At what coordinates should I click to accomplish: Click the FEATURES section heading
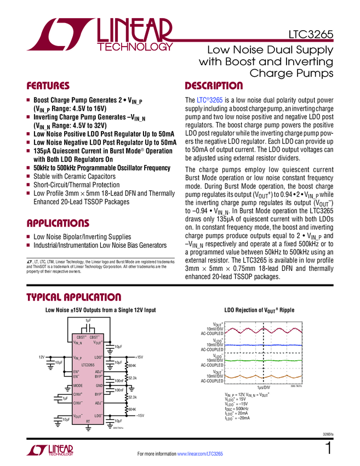48,86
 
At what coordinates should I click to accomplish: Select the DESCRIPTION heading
214,86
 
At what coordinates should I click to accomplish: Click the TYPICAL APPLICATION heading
74,297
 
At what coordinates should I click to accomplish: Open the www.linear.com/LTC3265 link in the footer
200,454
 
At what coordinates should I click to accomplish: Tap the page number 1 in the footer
329,449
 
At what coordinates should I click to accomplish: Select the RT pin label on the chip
88,420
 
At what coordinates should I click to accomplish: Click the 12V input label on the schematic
41,357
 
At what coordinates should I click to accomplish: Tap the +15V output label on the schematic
139,357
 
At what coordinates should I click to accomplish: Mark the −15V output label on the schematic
140,416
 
